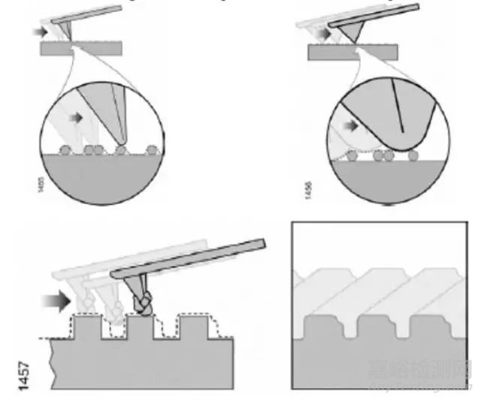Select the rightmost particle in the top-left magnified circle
click(153, 149)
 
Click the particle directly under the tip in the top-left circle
click(121, 149)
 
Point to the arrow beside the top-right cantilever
click(322, 34)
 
